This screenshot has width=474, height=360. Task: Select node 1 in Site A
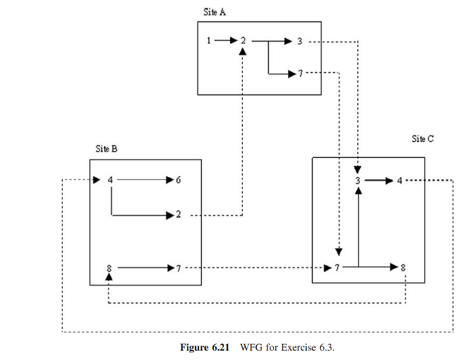point(208,40)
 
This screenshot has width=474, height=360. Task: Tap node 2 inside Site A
point(242,40)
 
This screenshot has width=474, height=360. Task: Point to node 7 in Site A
point(300,74)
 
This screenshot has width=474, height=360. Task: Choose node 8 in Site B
point(110,267)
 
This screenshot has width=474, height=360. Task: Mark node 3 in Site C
point(357,181)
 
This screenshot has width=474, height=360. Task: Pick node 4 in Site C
point(400,181)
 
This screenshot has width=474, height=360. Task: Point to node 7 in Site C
point(334,267)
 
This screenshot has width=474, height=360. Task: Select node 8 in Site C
point(403,267)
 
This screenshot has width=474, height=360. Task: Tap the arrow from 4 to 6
point(144,181)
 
